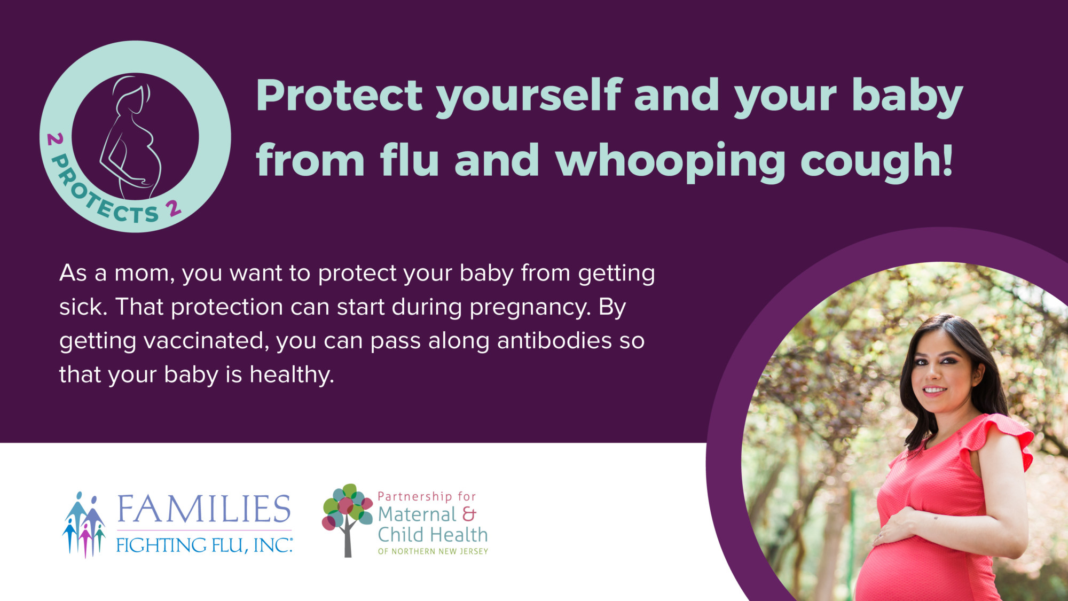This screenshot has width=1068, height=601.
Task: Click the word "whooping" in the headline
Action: [x=670, y=161]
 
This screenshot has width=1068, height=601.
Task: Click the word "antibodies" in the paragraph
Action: [x=554, y=340]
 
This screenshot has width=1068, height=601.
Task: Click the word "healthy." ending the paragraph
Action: [x=292, y=375]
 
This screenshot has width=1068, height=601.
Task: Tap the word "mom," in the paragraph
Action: [x=145, y=274]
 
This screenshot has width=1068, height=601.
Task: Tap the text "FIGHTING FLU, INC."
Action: [x=204, y=545]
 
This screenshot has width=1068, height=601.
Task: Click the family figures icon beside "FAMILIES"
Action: [x=84, y=525]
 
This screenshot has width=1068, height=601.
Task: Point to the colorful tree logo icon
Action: [x=347, y=520]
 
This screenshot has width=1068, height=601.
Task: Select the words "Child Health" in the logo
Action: [x=433, y=535]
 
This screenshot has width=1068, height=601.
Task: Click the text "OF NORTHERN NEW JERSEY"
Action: [x=433, y=551]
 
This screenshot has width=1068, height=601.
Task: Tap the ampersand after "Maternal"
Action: [x=469, y=514]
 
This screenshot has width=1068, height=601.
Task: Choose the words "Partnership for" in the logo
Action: [x=427, y=496]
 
